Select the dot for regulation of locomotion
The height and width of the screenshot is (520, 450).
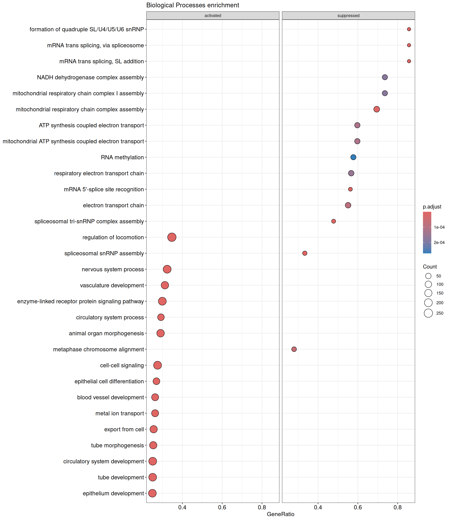point(172,237)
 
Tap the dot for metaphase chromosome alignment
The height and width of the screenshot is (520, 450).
point(294,349)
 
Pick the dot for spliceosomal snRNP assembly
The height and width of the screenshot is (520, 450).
point(305,253)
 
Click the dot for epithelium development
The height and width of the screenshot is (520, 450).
point(152,493)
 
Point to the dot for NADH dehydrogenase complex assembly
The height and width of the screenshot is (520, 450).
point(385,77)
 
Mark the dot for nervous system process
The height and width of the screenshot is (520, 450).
point(167,269)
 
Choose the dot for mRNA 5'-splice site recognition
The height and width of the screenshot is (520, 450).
point(350,189)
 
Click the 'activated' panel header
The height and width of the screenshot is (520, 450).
point(213,16)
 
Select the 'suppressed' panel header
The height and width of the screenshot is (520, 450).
point(348,16)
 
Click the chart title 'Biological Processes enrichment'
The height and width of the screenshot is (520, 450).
point(193,5)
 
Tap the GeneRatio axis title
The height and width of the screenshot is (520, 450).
point(281,514)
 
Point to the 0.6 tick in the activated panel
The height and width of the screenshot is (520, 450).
point(222,507)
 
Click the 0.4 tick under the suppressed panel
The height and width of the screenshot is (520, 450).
point(318,507)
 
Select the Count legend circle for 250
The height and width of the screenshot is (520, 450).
point(428,313)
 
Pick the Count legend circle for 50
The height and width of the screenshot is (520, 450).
point(428,276)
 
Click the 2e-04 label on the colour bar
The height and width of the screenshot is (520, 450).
point(439,242)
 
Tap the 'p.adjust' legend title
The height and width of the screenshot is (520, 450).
point(432,207)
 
